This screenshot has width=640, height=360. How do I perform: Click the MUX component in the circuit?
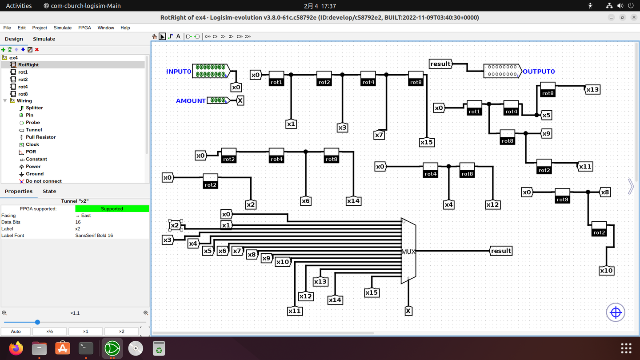[x=408, y=252]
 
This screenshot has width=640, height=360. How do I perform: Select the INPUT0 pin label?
[x=178, y=72]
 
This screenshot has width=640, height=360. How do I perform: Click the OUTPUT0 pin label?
[x=539, y=72]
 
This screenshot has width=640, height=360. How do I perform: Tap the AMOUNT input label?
[x=191, y=101]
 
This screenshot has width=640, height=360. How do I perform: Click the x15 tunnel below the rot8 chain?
[x=427, y=142]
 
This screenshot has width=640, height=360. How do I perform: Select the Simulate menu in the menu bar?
[x=62, y=28]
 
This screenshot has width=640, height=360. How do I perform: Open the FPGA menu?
[x=84, y=28]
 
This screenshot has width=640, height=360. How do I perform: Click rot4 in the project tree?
[x=23, y=87]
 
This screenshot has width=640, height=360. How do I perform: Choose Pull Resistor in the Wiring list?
[x=40, y=137]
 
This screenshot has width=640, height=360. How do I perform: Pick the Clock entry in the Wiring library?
[x=32, y=144]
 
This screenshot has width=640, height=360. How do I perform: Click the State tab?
[x=49, y=191]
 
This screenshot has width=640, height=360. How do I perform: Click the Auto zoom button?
[x=16, y=332]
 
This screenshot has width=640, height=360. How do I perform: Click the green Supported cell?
[x=112, y=208]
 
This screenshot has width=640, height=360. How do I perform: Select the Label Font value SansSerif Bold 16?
[x=94, y=236]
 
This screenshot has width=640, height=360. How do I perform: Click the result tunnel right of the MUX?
[x=501, y=251]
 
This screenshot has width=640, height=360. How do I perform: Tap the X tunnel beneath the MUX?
[x=408, y=311]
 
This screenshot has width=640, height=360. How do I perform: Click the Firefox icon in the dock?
[x=16, y=348]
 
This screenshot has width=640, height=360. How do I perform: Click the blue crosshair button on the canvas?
[x=616, y=312]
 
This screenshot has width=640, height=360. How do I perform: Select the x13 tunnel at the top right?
[x=592, y=89]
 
